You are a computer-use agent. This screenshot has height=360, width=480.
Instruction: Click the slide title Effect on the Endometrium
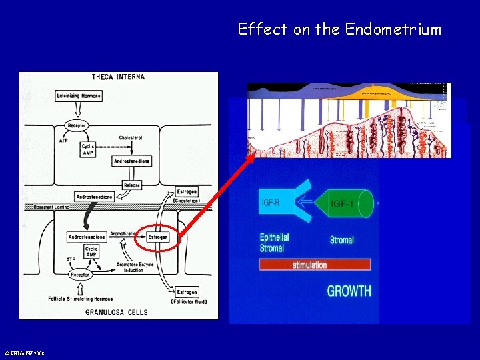click(339, 29)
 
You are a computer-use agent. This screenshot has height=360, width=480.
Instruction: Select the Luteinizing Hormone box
click(79, 96)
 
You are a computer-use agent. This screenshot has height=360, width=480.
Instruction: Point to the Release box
click(132, 185)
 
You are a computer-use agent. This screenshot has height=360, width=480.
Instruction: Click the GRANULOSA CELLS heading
click(115, 311)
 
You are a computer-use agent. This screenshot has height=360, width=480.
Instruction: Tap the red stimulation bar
click(315, 265)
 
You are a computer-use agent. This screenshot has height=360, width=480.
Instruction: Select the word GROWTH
click(349, 291)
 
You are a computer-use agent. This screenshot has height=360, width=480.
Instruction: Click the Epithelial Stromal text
click(275, 243)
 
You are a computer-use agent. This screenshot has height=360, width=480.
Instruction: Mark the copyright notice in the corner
click(24, 353)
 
